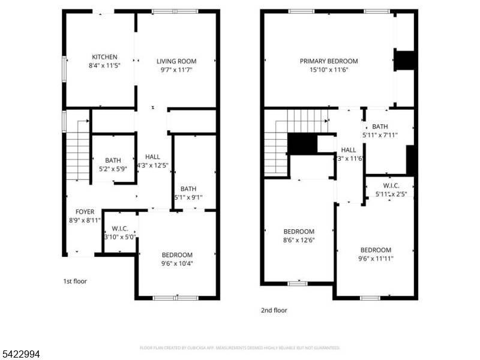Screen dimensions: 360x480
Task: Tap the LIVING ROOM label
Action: (x=176, y=61)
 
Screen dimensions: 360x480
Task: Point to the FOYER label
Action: (x=85, y=212)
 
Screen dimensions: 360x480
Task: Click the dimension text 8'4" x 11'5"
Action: (x=104, y=65)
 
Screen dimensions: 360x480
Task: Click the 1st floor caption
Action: (x=75, y=281)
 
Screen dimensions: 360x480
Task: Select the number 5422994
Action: (x=20, y=355)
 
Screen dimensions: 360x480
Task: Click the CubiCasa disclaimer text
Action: (x=240, y=347)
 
